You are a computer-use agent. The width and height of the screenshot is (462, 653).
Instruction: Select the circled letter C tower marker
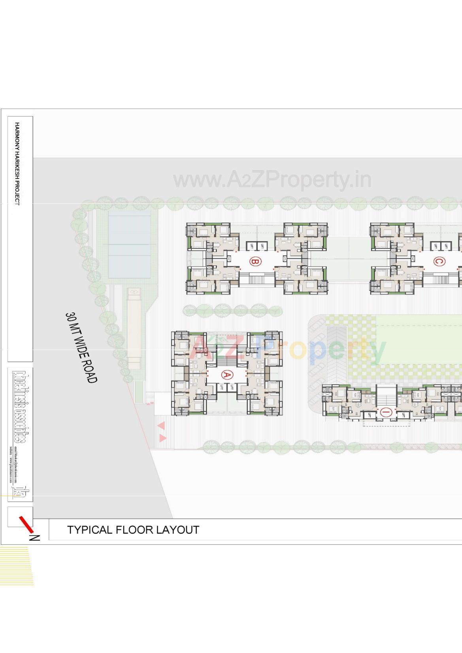tap(438, 261)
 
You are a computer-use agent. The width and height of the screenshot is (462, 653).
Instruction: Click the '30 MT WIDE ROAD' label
tap(81, 347)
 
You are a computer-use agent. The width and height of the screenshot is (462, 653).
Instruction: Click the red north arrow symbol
tap(26, 524)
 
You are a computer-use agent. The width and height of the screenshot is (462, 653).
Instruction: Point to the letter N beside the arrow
tap(35, 538)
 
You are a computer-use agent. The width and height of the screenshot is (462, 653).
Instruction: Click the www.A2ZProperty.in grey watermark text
tap(272, 180)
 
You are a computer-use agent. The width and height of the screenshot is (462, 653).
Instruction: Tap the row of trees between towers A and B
tap(232, 311)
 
